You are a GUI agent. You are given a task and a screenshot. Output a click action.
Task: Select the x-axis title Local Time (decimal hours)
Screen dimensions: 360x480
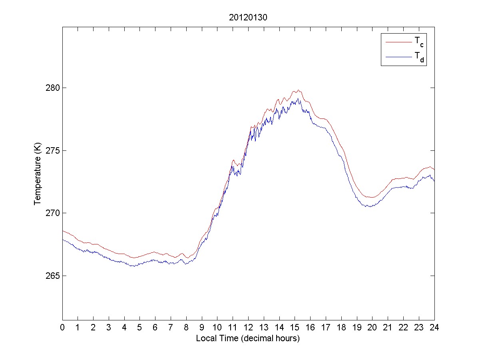click(x=248, y=338)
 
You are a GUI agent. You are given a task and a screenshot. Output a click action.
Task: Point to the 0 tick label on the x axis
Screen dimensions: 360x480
click(x=62, y=328)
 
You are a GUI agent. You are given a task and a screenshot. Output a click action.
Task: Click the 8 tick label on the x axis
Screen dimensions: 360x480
click(x=186, y=328)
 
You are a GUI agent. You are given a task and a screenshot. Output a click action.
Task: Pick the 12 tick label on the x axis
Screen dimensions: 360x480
click(x=248, y=328)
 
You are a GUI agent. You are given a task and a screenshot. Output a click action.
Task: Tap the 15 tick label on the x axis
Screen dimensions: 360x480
click(x=295, y=328)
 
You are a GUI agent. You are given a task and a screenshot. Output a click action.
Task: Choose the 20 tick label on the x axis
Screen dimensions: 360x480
click(x=372, y=328)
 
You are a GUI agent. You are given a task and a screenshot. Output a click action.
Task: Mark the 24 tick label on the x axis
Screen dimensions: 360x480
click(x=434, y=328)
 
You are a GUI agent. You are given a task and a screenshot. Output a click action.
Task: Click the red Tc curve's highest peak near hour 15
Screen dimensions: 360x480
click(x=298, y=90)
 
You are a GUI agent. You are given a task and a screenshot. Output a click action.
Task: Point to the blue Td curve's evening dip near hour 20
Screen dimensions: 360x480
click(x=370, y=206)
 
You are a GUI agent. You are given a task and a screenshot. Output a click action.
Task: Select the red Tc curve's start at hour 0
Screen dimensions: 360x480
click(x=63, y=231)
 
